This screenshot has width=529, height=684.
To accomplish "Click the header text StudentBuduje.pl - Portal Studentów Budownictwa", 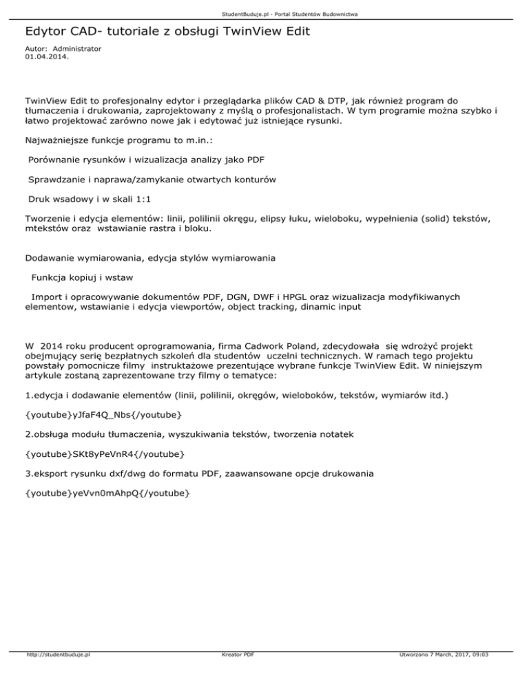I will click(x=264, y=14).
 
